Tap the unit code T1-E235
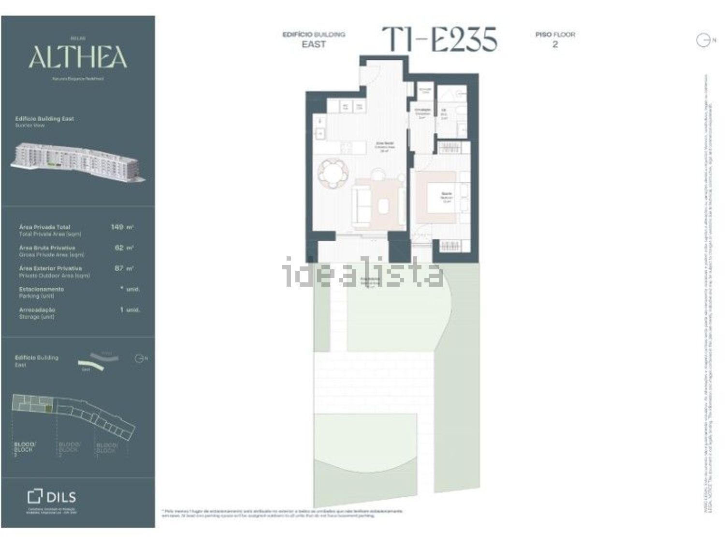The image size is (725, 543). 439,39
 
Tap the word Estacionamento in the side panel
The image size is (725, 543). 42,289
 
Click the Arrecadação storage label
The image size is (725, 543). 37,310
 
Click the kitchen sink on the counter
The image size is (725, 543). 319,133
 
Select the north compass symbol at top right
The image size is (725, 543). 703,41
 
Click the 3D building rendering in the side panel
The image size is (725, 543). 77,162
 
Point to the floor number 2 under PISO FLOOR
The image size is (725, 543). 555,44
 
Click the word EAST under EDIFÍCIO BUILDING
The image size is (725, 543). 314,44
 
